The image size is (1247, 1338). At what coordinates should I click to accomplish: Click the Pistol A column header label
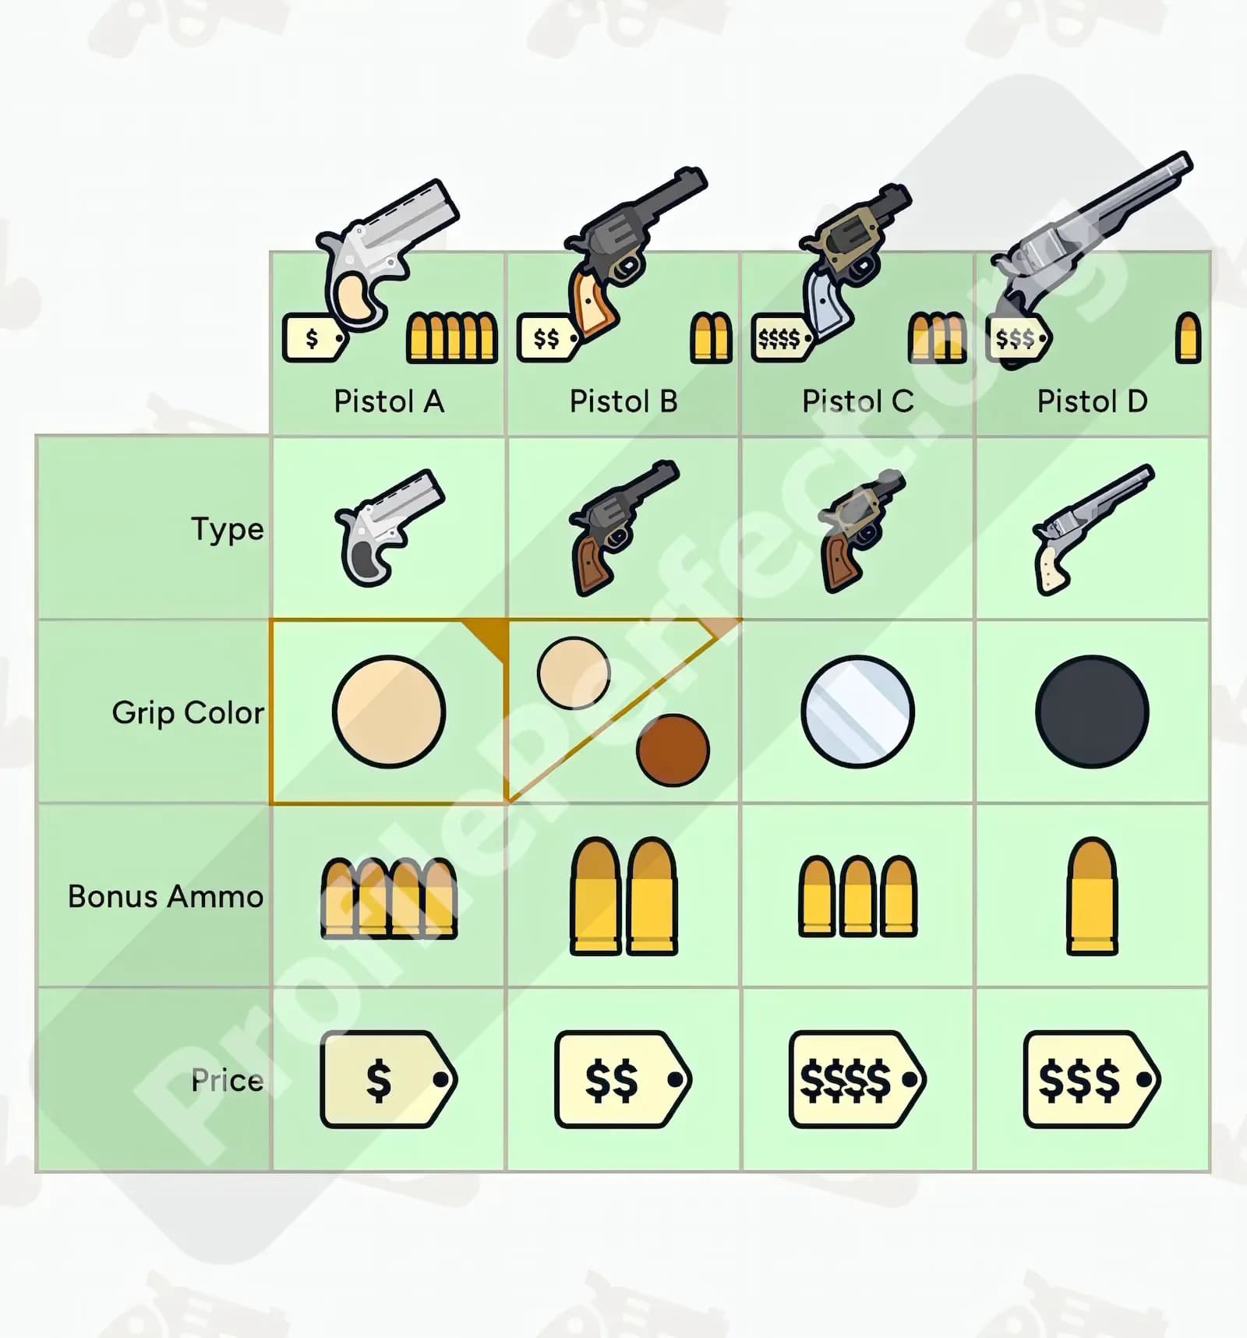click(389, 401)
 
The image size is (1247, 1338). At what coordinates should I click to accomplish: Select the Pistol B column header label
click(623, 401)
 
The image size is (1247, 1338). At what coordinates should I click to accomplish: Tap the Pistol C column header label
click(858, 401)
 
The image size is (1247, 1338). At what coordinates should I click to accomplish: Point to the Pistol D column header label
click(1092, 401)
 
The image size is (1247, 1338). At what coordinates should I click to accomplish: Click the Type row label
click(228, 530)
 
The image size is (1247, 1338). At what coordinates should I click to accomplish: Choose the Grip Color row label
click(188, 713)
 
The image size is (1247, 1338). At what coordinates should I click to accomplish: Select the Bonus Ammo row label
click(165, 896)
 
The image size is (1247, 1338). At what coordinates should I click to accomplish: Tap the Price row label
click(228, 1080)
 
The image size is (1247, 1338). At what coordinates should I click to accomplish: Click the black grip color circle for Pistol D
click(1092, 711)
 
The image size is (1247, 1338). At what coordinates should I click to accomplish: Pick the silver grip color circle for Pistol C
click(857, 711)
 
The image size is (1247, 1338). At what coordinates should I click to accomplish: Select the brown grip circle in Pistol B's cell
click(673, 750)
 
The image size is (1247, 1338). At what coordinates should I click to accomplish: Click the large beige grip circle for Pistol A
click(389, 711)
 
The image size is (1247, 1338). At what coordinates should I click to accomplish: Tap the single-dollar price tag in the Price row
click(389, 1079)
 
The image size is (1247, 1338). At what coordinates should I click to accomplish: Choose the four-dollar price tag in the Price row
click(857, 1079)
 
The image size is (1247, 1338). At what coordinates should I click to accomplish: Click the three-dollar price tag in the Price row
click(1092, 1079)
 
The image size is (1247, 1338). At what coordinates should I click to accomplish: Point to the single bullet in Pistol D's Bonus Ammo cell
click(1092, 896)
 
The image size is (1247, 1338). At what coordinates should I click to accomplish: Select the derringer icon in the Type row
click(389, 528)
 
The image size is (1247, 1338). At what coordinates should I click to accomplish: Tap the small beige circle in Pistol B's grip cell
click(574, 673)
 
